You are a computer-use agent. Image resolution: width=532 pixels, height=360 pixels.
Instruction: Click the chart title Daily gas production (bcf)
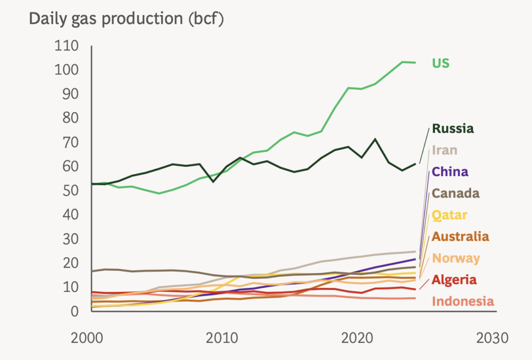[126, 19]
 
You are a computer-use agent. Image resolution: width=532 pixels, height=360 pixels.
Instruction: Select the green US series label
[441, 63]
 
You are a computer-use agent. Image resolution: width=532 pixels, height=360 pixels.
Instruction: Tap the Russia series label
[453, 128]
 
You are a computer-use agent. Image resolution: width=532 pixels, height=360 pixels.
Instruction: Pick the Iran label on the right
[445, 150]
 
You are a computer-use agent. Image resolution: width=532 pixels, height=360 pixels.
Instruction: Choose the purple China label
[450, 172]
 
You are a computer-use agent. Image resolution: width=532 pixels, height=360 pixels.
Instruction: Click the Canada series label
[456, 194]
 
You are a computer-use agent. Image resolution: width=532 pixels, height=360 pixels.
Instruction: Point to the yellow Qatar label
[450, 215]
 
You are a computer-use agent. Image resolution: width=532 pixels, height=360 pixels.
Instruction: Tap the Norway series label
[456, 258]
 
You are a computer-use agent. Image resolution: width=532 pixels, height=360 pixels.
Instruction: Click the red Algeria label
[454, 280]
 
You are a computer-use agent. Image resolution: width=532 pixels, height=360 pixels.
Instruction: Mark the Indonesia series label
[463, 301]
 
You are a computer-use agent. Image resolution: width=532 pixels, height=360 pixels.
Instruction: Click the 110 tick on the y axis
[66, 46]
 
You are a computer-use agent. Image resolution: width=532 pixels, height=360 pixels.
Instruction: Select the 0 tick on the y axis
[75, 311]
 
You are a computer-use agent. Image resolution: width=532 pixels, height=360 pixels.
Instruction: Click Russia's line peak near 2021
[375, 139]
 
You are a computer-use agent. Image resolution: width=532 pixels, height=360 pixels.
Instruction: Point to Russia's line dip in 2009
[213, 182]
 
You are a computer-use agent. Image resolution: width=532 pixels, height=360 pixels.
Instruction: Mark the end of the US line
[415, 63]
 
